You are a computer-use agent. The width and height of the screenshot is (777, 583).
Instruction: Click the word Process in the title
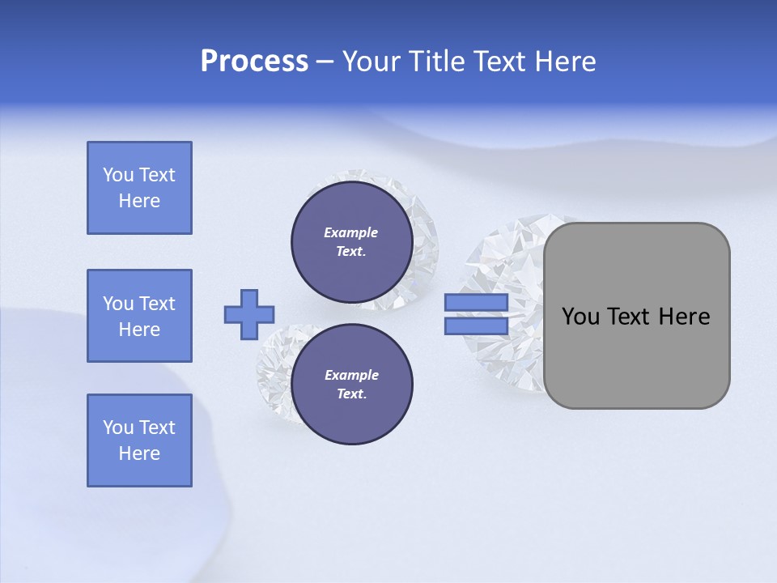pyautogui.click(x=254, y=62)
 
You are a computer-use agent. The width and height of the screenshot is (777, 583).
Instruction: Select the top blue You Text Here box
pyautogui.click(x=139, y=188)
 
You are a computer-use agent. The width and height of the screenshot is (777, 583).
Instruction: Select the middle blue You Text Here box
pyautogui.click(x=139, y=316)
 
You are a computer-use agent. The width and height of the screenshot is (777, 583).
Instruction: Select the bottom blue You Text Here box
pyautogui.click(x=139, y=440)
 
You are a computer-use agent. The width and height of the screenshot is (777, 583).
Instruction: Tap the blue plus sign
pyautogui.click(x=249, y=314)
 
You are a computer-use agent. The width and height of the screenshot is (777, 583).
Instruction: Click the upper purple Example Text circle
pyautogui.click(x=351, y=242)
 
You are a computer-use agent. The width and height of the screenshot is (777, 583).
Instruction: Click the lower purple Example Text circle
pyautogui.click(x=351, y=385)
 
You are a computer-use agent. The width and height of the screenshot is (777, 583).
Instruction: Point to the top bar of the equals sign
pyautogui.click(x=476, y=303)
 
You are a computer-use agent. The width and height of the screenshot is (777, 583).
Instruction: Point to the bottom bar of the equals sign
pyautogui.click(x=476, y=326)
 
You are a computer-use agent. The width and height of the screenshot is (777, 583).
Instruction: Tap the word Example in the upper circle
pyautogui.click(x=350, y=232)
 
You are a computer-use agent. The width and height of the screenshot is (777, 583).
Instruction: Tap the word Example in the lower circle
pyautogui.click(x=351, y=375)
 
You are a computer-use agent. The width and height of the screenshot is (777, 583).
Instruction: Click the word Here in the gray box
pyautogui.click(x=684, y=317)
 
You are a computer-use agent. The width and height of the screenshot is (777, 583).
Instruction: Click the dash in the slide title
pyautogui.click(x=325, y=62)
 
